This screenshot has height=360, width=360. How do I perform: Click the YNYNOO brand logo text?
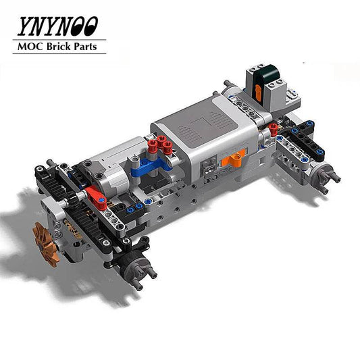coord(57,26)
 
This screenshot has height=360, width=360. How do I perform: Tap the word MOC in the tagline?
coord(28,48)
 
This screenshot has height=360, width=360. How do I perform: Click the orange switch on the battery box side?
coord(232,159)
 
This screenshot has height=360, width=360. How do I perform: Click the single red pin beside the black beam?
coord(273,128)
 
